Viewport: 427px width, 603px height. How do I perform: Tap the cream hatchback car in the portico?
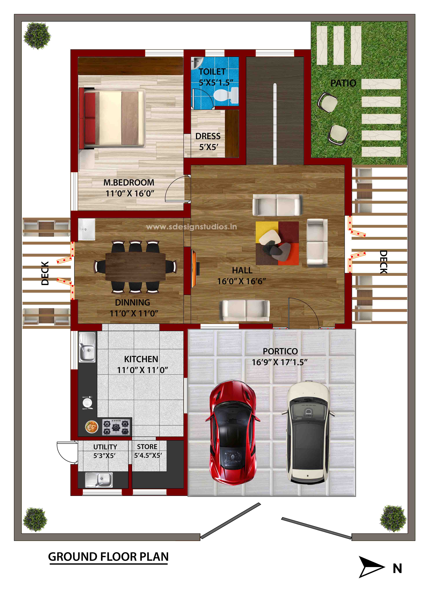pyautogui.click(x=308, y=433)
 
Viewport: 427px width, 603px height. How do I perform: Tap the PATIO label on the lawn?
pyautogui.click(x=343, y=83)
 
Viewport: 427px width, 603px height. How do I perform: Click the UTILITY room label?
pyautogui.click(x=105, y=447)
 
